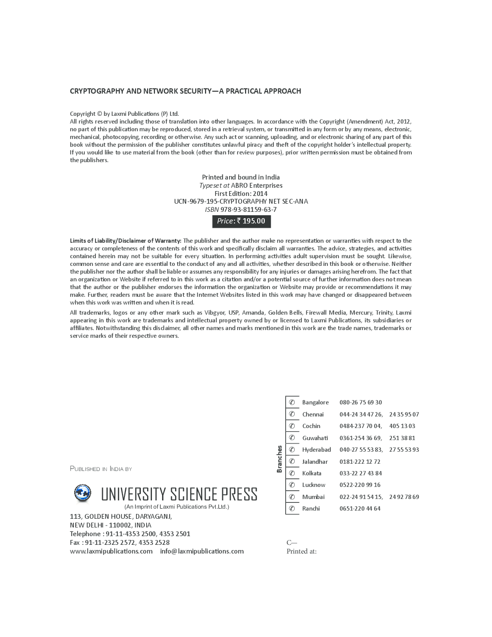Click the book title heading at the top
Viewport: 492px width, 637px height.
click(185, 91)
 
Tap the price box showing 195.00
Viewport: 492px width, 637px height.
click(241, 221)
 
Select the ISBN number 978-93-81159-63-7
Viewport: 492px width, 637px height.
click(248, 209)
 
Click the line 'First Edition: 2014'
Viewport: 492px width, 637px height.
click(241, 194)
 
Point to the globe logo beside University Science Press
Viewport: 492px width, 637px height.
click(82, 493)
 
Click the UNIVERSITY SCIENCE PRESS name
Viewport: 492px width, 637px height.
click(179, 495)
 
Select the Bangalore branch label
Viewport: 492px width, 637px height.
click(315, 402)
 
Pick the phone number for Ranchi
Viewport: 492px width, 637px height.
click(360, 509)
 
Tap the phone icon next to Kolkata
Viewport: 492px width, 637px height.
click(292, 473)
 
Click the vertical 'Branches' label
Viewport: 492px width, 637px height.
click(279, 459)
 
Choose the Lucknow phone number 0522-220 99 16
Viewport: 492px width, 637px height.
click(360, 485)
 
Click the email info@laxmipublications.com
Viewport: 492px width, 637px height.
click(202, 551)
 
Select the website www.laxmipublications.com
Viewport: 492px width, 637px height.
click(111, 551)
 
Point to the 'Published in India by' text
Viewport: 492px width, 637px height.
click(101, 469)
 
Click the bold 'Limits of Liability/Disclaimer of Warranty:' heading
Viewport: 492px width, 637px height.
click(125, 241)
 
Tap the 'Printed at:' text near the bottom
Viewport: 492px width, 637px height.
click(301, 551)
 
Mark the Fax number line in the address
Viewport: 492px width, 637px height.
click(120, 542)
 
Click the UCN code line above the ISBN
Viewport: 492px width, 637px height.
click(241, 201)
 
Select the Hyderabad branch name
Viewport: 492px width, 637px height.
click(316, 450)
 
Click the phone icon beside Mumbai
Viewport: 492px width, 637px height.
click(292, 497)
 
